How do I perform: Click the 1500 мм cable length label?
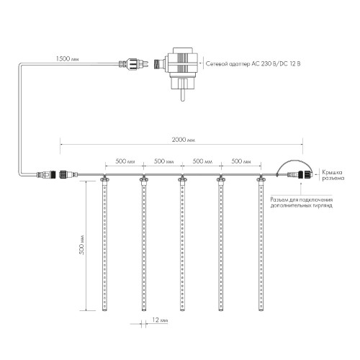(67, 58)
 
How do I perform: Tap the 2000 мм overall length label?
(184, 140)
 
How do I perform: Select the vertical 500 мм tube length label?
(82, 244)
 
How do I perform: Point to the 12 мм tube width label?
(160, 320)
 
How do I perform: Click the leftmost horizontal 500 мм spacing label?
(125, 161)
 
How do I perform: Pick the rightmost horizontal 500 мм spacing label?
(241, 161)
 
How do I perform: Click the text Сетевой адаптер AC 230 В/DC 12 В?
(253, 64)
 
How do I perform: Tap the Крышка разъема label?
(333, 175)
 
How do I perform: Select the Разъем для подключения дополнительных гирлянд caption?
(302, 202)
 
